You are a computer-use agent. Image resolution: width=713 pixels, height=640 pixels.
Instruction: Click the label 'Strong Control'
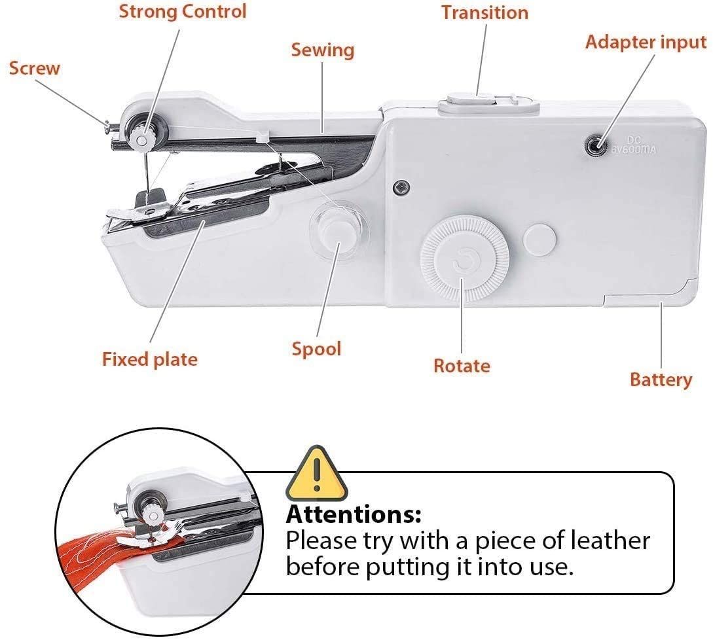coord(182,11)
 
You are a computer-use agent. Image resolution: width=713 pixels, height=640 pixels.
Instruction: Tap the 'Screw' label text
coord(34,67)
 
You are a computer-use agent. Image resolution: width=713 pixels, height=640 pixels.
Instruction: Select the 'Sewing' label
coord(322,50)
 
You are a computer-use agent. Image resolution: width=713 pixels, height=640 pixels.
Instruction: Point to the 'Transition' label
coord(484,12)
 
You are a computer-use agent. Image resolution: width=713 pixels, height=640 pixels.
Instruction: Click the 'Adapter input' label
coord(646,42)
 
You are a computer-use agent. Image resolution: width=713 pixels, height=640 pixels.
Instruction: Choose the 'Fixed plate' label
coord(149,359)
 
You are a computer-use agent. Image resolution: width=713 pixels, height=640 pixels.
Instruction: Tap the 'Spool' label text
coord(316,348)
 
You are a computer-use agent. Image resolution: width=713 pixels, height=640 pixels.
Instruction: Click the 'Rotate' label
coord(462,365)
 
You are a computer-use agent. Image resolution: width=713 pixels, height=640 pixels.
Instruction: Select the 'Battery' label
coord(661,380)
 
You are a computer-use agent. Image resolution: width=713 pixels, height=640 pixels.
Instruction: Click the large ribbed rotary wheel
coord(465,260)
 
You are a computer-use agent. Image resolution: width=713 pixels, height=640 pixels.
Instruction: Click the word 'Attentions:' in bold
coord(354,514)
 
